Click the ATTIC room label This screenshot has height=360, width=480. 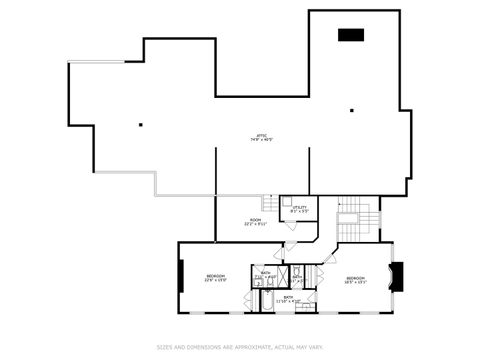pos(260,135)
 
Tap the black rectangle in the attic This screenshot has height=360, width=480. pos(350,35)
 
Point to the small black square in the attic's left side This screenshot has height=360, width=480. pos(141,124)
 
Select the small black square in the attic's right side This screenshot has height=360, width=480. pos(352,111)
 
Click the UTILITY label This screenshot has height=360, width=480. pos(299,207)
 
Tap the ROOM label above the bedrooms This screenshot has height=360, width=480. pos(255,221)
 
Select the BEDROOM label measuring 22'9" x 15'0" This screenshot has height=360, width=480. pos(216,277)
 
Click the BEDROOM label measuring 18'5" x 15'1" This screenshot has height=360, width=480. pos(355,279)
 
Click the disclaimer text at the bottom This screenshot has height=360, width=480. pos(240,347)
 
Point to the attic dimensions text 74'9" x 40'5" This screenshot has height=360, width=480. pos(260,140)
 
